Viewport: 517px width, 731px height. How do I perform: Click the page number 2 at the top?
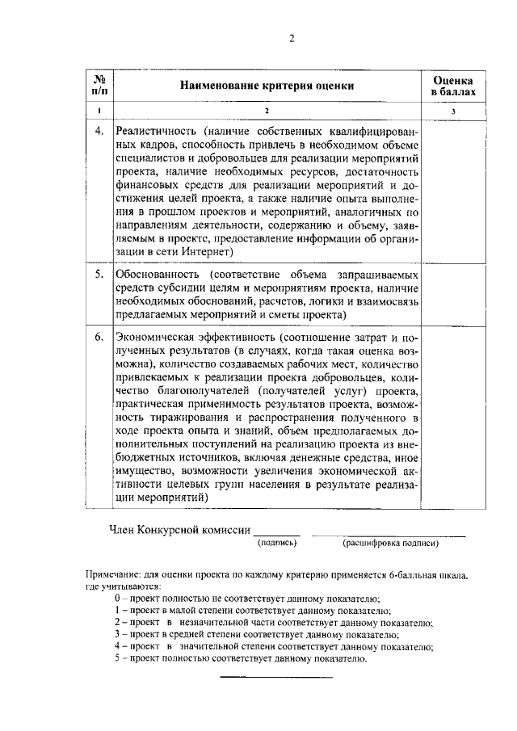click(291, 37)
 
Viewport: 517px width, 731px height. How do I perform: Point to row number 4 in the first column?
click(99, 131)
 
